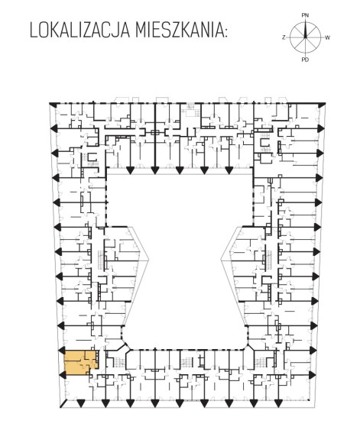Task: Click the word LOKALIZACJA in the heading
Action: [x=79, y=31]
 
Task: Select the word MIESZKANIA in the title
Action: [x=178, y=31]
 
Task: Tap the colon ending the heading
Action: [x=225, y=33]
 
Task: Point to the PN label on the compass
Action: [x=305, y=15]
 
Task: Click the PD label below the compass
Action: [x=305, y=60]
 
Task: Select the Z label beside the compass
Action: [x=284, y=37]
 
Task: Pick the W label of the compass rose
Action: [x=327, y=37]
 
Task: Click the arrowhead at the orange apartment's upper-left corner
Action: [x=62, y=351]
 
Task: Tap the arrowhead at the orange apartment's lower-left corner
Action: [x=62, y=375]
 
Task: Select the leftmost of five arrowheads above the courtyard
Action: [x=130, y=170]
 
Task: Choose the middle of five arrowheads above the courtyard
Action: [x=180, y=170]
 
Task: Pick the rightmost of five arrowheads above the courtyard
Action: [x=229, y=170]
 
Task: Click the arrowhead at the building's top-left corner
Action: [x=51, y=104]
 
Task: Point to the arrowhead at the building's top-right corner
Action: [x=322, y=105]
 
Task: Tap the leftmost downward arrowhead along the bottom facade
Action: [x=81, y=403]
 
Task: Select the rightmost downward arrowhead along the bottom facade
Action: [x=278, y=403]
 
